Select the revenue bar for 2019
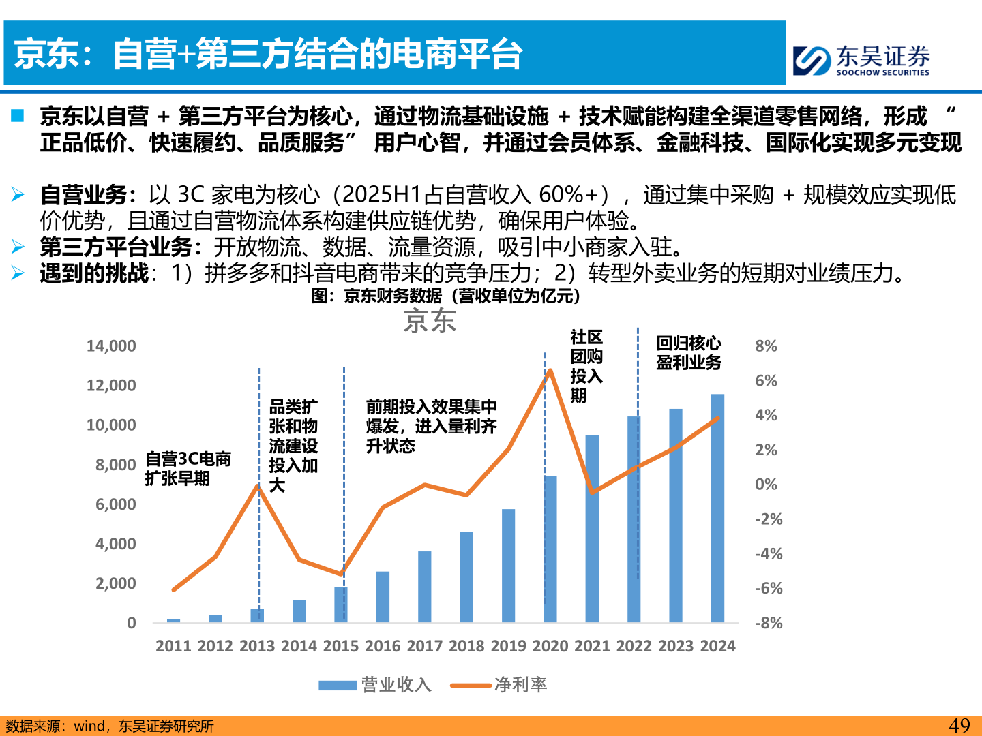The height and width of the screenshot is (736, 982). pyautogui.click(x=508, y=566)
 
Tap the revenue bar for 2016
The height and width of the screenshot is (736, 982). pyautogui.click(x=383, y=596)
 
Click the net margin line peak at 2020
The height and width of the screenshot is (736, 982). pyautogui.click(x=550, y=371)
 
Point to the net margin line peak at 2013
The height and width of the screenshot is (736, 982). pyautogui.click(x=258, y=486)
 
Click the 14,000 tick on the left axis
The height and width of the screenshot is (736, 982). pyautogui.click(x=111, y=346)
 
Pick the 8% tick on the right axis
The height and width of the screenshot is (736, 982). pyautogui.click(x=766, y=346)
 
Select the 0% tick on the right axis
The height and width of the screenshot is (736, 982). pyautogui.click(x=766, y=485)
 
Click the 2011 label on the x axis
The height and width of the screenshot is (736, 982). pyautogui.click(x=173, y=646)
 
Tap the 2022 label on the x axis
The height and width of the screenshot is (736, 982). pyautogui.click(x=634, y=646)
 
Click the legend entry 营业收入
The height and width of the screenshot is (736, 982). pyautogui.click(x=375, y=685)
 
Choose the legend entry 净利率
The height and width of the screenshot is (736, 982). pyautogui.click(x=499, y=685)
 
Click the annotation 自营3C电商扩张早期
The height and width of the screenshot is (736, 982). pyautogui.click(x=188, y=469)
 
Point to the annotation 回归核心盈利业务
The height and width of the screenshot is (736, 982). pyautogui.click(x=689, y=352)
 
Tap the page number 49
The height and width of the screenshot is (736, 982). pyautogui.click(x=959, y=726)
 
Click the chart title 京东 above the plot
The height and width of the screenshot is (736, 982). pyautogui.click(x=430, y=321)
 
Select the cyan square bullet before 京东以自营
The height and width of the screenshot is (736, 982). pyautogui.click(x=18, y=116)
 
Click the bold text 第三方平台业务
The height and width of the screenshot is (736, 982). pyautogui.click(x=116, y=247)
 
